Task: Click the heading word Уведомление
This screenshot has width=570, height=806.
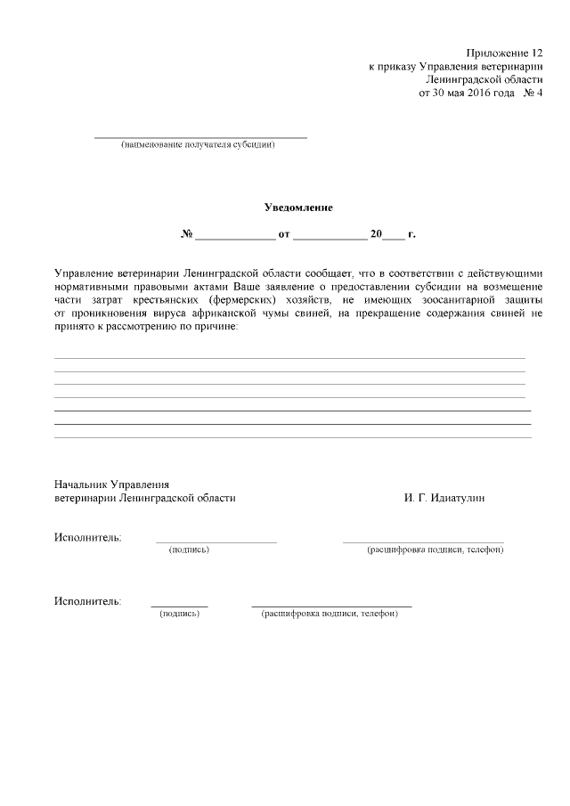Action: [298, 208]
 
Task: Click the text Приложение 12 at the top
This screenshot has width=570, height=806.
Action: [504, 54]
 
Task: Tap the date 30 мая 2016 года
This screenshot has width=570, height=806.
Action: [470, 92]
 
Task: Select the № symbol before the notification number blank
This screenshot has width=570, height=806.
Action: [187, 235]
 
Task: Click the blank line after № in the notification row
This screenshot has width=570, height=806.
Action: [235, 237]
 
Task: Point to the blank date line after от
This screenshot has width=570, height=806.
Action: [330, 237]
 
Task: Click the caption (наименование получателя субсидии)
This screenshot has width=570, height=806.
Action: [199, 145]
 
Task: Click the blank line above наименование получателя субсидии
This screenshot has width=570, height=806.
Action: [200, 137]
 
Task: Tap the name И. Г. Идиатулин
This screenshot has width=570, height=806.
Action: [445, 499]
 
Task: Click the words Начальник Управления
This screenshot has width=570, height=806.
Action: [111, 484]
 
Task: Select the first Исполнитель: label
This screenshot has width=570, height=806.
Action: [88, 537]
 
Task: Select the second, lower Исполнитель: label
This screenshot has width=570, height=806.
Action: [88, 601]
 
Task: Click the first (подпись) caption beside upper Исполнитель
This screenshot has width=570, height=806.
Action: [189, 550]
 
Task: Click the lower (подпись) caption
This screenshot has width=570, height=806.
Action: [179, 614]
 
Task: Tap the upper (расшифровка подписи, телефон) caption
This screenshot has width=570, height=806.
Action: [436, 550]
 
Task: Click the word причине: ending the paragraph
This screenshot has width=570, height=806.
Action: [215, 327]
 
